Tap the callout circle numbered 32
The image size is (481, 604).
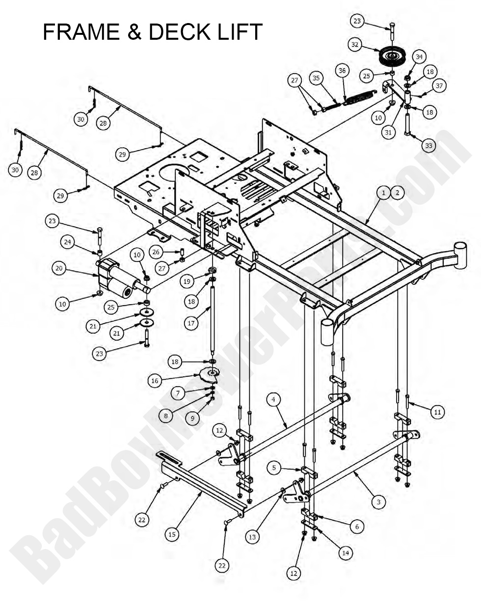[355, 45]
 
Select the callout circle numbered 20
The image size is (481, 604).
[59, 268]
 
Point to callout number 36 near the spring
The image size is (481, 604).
[342, 71]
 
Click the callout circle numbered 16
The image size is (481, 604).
[155, 380]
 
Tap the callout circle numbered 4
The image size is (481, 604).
[273, 400]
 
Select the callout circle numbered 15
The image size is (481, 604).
[172, 534]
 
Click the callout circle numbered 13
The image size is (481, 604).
[252, 537]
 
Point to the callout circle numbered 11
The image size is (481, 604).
[437, 412]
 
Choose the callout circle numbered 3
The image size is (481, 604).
[378, 502]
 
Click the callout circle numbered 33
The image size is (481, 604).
[428, 145]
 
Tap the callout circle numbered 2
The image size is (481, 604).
[397, 193]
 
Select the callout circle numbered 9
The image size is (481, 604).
[192, 418]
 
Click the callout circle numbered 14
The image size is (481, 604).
[346, 552]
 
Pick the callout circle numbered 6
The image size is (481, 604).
[357, 526]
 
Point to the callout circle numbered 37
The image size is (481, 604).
[438, 86]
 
